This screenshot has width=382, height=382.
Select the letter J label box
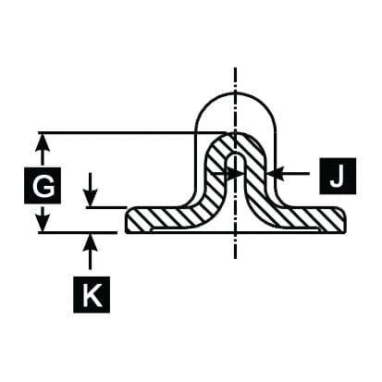pyautogui.click(x=338, y=176)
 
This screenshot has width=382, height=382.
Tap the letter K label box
pyautogui.click(x=92, y=295)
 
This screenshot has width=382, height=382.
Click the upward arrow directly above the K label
pyautogui.click(x=91, y=252)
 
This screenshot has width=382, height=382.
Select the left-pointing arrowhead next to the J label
pyautogui.click(x=276, y=174)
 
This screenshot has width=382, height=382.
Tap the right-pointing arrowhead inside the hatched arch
pyautogui.click(x=236, y=174)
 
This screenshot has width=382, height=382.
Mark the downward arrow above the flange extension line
pyautogui.click(x=91, y=190)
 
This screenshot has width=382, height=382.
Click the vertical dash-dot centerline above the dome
pyautogui.click(x=236, y=80)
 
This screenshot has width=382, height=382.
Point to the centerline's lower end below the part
pyautogui.click(x=236, y=258)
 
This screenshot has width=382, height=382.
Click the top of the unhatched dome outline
pyautogui.click(x=236, y=93)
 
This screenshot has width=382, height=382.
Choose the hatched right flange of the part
pyautogui.click(x=308, y=219)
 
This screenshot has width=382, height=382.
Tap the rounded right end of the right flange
pyautogui.click(x=342, y=220)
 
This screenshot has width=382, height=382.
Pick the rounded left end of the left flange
pyautogui.click(x=128, y=220)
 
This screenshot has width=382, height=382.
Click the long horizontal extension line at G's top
pyautogui.click(x=132, y=133)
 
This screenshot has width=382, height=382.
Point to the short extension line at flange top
pyautogui.click(x=106, y=207)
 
